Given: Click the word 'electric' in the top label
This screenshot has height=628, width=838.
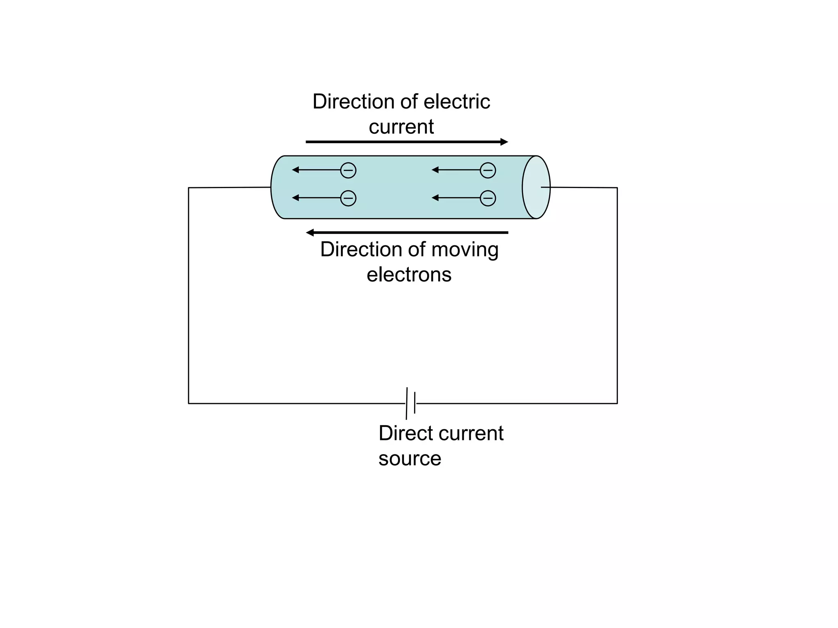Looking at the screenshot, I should pos(457,101).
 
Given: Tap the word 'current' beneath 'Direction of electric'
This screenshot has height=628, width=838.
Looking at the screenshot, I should pos(401,127).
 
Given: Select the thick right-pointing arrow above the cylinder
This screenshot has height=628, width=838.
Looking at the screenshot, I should pos(407,142).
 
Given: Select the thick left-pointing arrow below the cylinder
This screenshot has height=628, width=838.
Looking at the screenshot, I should pos(407,233).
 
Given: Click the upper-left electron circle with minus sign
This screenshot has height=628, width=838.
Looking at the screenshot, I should pos(348,170).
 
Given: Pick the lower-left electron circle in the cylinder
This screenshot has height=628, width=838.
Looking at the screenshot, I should pos(348,198).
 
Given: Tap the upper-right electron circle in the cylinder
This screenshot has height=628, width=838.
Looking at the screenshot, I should pos(488,170).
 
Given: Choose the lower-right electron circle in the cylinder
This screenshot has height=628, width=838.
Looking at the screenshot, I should pos(488,198).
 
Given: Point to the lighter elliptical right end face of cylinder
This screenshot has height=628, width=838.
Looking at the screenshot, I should pos(536,187).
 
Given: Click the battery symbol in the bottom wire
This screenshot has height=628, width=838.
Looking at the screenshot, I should pos(411,403).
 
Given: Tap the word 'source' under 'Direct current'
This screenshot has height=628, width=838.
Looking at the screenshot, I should pos(410,459).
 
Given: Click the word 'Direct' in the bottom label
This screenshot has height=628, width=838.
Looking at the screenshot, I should pos(407,433).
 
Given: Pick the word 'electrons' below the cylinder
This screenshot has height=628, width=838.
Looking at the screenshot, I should pos(409,274).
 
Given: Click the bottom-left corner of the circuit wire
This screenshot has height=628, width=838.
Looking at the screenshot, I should pos(189,403).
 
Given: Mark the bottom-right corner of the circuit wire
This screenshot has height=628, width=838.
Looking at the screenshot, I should pos(617,403).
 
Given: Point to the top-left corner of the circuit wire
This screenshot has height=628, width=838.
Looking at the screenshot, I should pos(189,188).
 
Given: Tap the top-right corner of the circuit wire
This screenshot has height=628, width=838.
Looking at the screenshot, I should pos(617,188).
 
